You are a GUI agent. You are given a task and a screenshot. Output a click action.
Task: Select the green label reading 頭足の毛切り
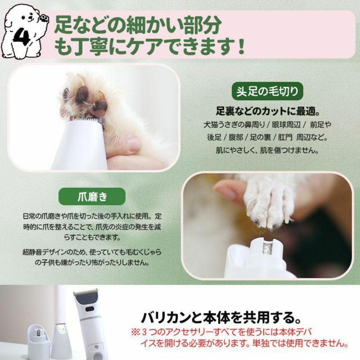pyautogui.click(x=267, y=91)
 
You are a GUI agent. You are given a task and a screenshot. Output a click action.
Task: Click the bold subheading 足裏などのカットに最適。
pyautogui.click(x=268, y=110)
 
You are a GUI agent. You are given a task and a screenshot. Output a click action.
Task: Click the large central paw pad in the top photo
pyautogui.click(x=82, y=95)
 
